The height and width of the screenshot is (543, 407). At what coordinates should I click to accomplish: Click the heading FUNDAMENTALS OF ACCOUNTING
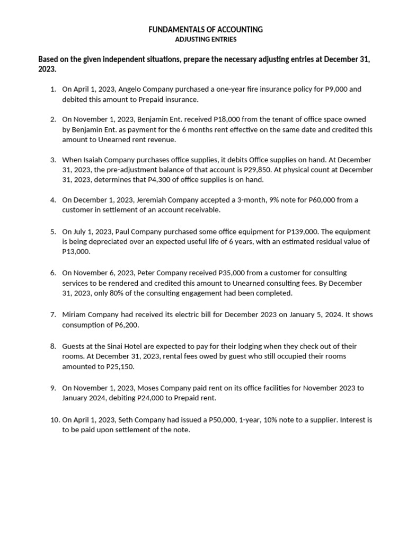[206, 30]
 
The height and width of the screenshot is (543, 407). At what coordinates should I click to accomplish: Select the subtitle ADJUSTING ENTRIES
[206, 39]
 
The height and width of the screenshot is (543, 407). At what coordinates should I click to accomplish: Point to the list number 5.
[53, 231]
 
